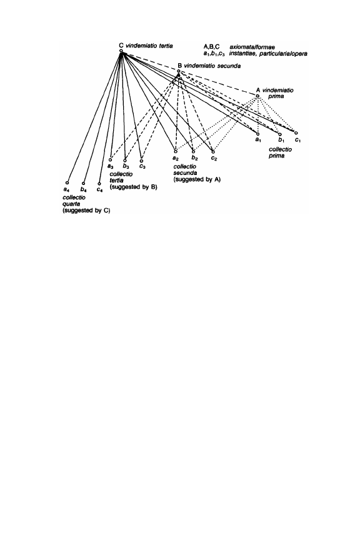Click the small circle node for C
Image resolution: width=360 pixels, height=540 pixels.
(x=121, y=51)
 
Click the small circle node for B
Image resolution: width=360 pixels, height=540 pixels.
(x=179, y=71)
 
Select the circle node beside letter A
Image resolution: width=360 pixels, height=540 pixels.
(x=257, y=96)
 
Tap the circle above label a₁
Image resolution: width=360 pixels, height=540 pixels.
(x=257, y=134)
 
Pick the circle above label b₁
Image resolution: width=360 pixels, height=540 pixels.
(x=280, y=134)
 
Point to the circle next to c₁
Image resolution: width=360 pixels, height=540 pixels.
(x=296, y=132)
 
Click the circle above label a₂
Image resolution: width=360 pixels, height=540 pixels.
(x=176, y=151)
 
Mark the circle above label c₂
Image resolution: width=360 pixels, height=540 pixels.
(x=213, y=152)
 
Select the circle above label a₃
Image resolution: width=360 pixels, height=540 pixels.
(x=110, y=159)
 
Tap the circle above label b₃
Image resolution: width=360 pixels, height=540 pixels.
(x=125, y=160)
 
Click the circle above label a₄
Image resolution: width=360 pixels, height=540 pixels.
(x=67, y=183)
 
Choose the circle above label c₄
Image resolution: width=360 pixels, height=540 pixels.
(x=99, y=184)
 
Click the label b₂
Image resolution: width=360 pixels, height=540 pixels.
(x=194, y=158)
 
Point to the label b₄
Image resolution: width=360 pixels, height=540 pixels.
(x=83, y=189)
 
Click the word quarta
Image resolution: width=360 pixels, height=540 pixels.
(x=71, y=204)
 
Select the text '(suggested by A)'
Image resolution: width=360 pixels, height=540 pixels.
(x=197, y=179)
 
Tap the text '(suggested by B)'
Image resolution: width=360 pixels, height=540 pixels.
(x=133, y=187)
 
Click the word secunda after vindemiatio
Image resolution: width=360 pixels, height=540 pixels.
(x=227, y=66)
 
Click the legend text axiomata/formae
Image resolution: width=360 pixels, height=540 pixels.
(x=252, y=47)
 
